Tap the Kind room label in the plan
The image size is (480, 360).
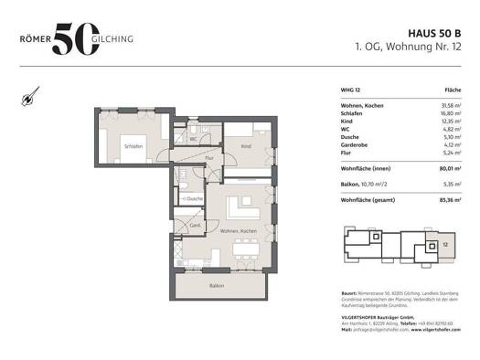pyautogui.click(x=245, y=146)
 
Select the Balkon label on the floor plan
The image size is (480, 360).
pyautogui.click(x=216, y=285)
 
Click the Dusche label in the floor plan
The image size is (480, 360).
pyautogui.click(x=195, y=197)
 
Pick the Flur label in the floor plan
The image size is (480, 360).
pyautogui.click(x=209, y=159)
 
